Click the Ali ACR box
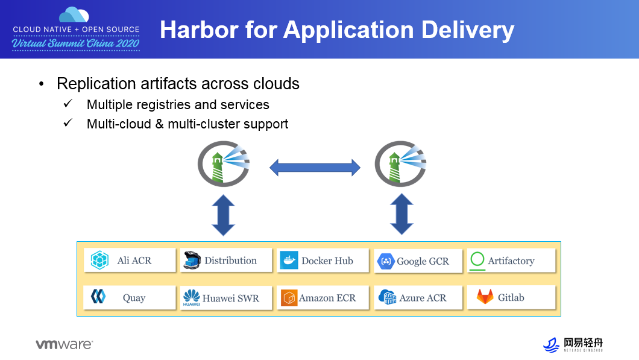point(130,261)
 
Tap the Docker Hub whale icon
point(289,261)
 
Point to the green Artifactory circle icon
point(477,260)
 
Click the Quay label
point(134,298)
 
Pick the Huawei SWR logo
point(192,298)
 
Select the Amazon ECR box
point(323,298)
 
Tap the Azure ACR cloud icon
point(386,297)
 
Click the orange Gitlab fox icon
point(485,297)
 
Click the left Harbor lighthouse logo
point(224,163)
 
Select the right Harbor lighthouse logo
point(400,163)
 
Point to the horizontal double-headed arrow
point(315,167)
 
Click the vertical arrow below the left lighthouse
point(223,214)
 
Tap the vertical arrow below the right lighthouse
point(401,214)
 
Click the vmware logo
point(64,344)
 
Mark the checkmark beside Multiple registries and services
point(68,104)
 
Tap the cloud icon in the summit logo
point(75,14)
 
